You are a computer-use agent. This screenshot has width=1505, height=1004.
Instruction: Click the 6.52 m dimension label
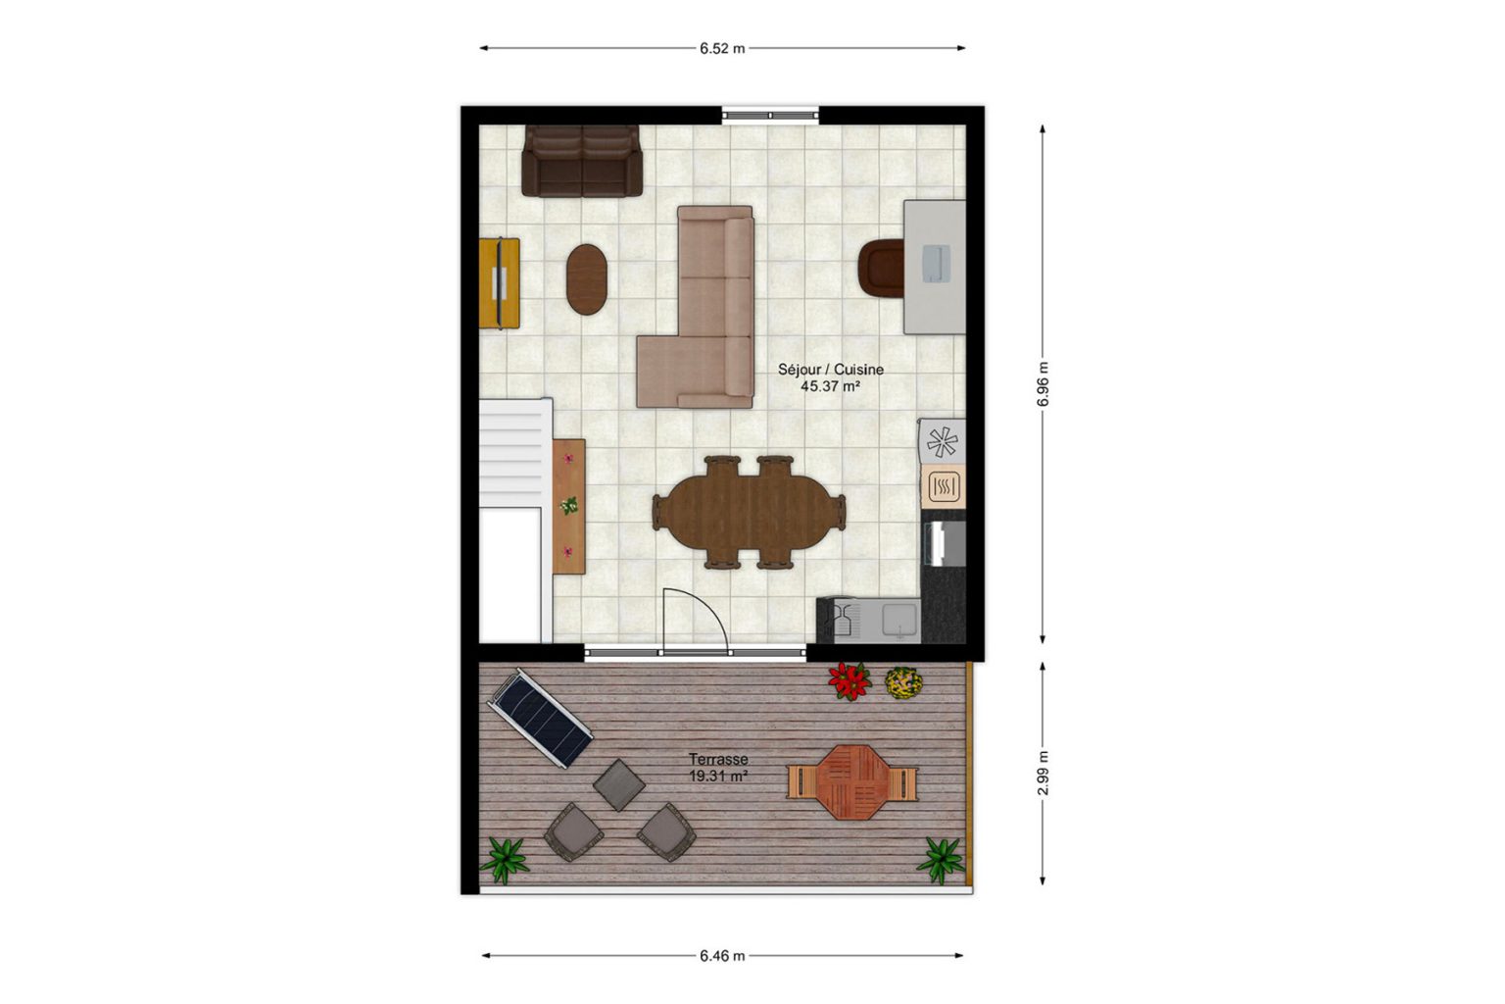coord(722,48)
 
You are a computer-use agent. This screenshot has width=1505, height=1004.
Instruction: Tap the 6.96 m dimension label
coord(1043,384)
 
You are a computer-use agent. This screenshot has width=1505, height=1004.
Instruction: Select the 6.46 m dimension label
coord(722,956)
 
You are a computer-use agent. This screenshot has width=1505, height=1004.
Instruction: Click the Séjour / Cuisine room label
coord(831,377)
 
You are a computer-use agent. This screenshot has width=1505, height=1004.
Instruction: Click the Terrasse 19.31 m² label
coord(718,767)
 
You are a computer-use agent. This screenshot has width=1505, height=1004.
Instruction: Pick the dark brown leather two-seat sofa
coord(582,162)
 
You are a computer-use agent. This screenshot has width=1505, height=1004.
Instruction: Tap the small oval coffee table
coord(587,279)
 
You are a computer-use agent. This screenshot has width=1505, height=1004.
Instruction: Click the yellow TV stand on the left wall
coord(499,283)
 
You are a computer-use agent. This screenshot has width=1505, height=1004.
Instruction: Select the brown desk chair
coord(881,268)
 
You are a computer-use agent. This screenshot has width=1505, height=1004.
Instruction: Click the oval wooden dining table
coord(749,513)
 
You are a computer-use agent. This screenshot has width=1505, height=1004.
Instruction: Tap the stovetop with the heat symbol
coord(944,485)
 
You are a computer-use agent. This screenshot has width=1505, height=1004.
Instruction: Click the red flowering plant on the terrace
coord(850,680)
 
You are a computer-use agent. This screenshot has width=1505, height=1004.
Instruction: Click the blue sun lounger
coord(540,718)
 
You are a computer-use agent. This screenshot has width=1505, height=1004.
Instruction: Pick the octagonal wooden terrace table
coord(851,781)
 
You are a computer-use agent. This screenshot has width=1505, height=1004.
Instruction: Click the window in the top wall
coord(771,116)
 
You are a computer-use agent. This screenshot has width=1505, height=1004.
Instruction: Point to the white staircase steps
coord(511,454)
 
